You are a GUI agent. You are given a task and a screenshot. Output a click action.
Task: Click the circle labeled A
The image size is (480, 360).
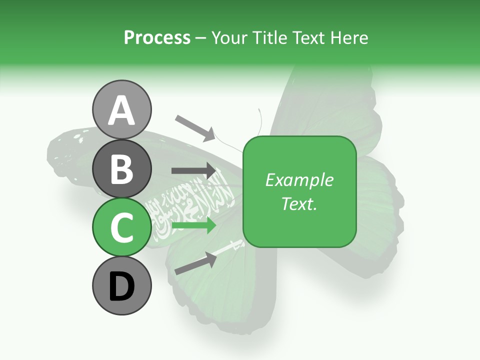point(122,110)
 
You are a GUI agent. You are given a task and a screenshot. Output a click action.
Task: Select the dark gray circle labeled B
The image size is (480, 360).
point(122,168)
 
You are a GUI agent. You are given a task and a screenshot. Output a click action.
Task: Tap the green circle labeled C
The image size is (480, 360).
point(122,227)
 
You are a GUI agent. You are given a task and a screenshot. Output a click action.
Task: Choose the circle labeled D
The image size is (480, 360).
point(122,286)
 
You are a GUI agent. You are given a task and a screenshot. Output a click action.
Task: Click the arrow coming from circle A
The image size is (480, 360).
point(195,127)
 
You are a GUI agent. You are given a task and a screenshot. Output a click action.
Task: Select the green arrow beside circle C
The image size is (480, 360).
point(194,225)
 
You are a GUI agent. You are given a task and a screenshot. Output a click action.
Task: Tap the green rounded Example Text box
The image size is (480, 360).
point(299,192)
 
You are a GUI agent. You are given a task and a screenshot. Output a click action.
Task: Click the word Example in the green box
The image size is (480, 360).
point(299,180)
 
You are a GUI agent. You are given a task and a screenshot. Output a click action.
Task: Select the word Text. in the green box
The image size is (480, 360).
point(299,204)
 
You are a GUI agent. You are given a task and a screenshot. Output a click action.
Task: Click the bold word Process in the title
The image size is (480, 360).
point(157,38)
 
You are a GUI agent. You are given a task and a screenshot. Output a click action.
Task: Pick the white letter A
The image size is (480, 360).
point(122,110)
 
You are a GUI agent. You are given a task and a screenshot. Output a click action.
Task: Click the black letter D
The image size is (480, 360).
point(122,287)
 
